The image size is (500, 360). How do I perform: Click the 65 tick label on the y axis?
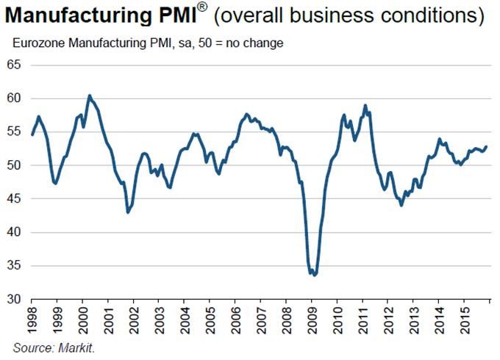click(15, 65)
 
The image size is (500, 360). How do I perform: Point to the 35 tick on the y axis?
click(15, 266)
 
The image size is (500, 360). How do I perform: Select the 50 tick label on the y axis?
click(15, 166)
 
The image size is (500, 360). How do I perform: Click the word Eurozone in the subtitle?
click(37, 43)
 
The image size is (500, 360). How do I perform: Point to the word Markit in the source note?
click(78, 348)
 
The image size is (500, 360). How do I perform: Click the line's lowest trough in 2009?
click(315, 275)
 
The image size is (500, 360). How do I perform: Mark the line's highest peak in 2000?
click(89, 96)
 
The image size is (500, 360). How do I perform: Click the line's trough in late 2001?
click(128, 212)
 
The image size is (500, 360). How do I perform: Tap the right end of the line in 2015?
click(486, 146)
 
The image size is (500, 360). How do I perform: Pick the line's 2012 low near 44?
click(401, 205)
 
